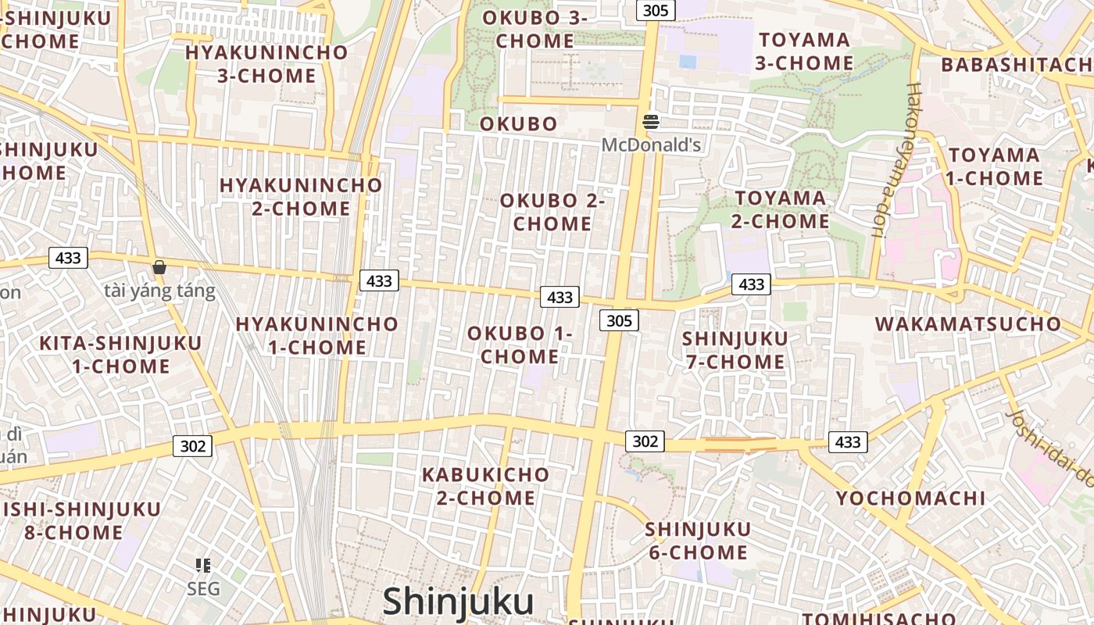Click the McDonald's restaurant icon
[651, 121]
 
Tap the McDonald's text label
[651, 145]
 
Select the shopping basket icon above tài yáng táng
[159, 267]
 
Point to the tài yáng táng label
[159, 291]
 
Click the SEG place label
[203, 589]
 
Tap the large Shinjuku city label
[458, 602]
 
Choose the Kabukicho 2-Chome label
[485, 486]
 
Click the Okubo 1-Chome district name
[520, 345]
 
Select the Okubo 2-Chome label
[552, 212]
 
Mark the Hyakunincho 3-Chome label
[266, 64]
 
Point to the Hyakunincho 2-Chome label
[301, 197]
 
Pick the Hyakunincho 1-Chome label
[316, 335]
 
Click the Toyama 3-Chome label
[804, 51]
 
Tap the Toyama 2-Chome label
[780, 209]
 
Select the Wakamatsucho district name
[968, 324]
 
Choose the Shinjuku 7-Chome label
[735, 350]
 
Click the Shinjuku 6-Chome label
[698, 541]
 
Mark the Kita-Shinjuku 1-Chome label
[109, 354]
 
